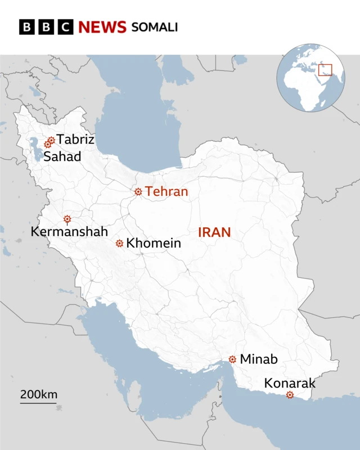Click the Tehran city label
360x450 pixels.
[x=166, y=192]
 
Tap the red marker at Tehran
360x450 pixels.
[x=138, y=192]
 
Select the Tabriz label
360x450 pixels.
[x=75, y=139]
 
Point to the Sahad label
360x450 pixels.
[x=62, y=156]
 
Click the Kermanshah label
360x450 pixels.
[x=69, y=231]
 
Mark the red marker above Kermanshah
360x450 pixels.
[x=67, y=219]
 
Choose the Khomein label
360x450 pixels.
[x=154, y=243]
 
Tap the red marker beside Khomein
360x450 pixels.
[x=119, y=243]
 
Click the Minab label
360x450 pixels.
[x=259, y=359]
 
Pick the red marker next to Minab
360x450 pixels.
[x=232, y=359]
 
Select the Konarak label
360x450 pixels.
[x=290, y=384]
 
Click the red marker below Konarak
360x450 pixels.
[x=290, y=395]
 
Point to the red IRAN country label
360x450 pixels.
[x=214, y=232]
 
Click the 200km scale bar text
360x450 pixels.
[x=39, y=395]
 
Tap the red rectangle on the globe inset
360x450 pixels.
[x=325, y=70]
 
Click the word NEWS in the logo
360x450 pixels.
[x=102, y=27]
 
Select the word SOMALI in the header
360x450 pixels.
[x=154, y=27]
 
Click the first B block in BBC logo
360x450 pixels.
[x=27, y=27]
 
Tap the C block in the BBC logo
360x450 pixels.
[x=65, y=27]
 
